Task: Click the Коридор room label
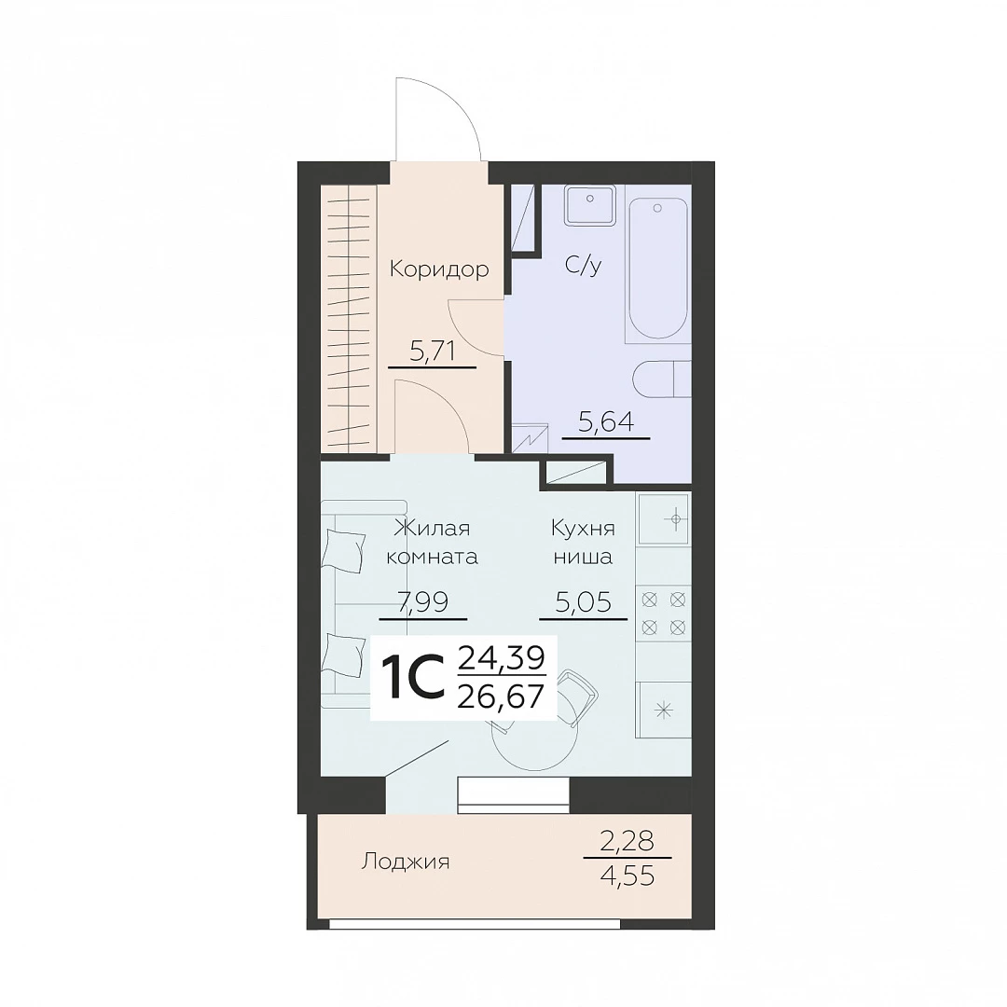click(439, 269)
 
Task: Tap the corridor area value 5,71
click(433, 352)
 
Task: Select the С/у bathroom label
click(583, 265)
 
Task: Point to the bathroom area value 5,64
click(606, 422)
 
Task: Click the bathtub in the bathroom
click(657, 269)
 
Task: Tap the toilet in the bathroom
click(662, 380)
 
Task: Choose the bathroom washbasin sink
click(589, 205)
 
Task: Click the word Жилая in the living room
click(432, 529)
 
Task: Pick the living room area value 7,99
click(423, 602)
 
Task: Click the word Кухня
click(583, 529)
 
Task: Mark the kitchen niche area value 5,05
click(583, 602)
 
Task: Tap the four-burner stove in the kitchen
click(664, 613)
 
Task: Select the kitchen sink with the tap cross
click(664, 519)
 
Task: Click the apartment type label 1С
click(413, 678)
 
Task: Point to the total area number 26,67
click(501, 696)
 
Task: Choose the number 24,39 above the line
click(501, 657)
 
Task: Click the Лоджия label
click(406, 862)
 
